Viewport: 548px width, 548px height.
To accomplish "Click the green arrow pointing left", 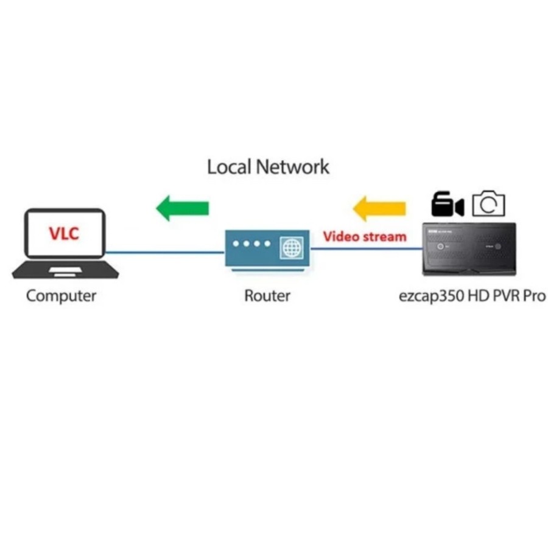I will point(182,208).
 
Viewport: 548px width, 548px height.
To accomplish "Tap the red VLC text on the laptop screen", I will point(65,233).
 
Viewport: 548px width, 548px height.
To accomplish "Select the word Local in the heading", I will point(229,166).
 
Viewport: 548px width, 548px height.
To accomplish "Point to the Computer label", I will point(61,297).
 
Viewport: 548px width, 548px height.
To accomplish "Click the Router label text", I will point(267,297).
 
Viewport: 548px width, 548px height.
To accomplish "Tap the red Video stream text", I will point(364,236).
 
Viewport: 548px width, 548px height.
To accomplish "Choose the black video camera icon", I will point(447,205).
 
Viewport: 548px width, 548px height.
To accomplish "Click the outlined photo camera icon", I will point(489,204).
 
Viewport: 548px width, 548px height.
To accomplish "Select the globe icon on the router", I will point(292,248).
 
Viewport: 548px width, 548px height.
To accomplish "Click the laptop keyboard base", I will point(65,269).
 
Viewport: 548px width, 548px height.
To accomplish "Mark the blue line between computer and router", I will point(164,251).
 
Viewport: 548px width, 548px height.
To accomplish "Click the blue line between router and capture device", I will point(365,248).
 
